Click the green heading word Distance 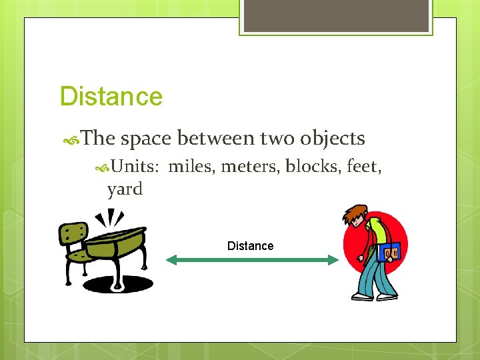111,97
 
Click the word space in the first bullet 147,139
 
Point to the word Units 133,166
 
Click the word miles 191,166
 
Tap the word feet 364,166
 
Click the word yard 125,189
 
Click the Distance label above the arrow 250,246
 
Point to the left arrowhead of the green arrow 171,260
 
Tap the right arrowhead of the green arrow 333,260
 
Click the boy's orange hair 356,215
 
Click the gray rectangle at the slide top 335,15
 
